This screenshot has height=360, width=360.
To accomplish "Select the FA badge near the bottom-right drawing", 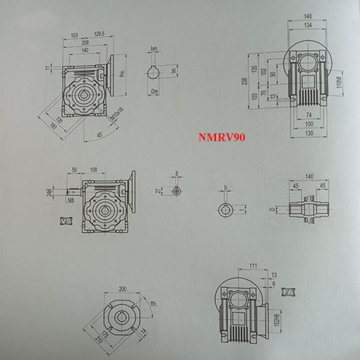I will pos(287,292).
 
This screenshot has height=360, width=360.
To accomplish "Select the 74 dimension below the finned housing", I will pos(308,113).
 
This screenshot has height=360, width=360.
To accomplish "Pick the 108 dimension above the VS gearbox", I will pos(93,171).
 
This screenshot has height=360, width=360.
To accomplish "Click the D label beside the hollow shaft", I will pos(273,209).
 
